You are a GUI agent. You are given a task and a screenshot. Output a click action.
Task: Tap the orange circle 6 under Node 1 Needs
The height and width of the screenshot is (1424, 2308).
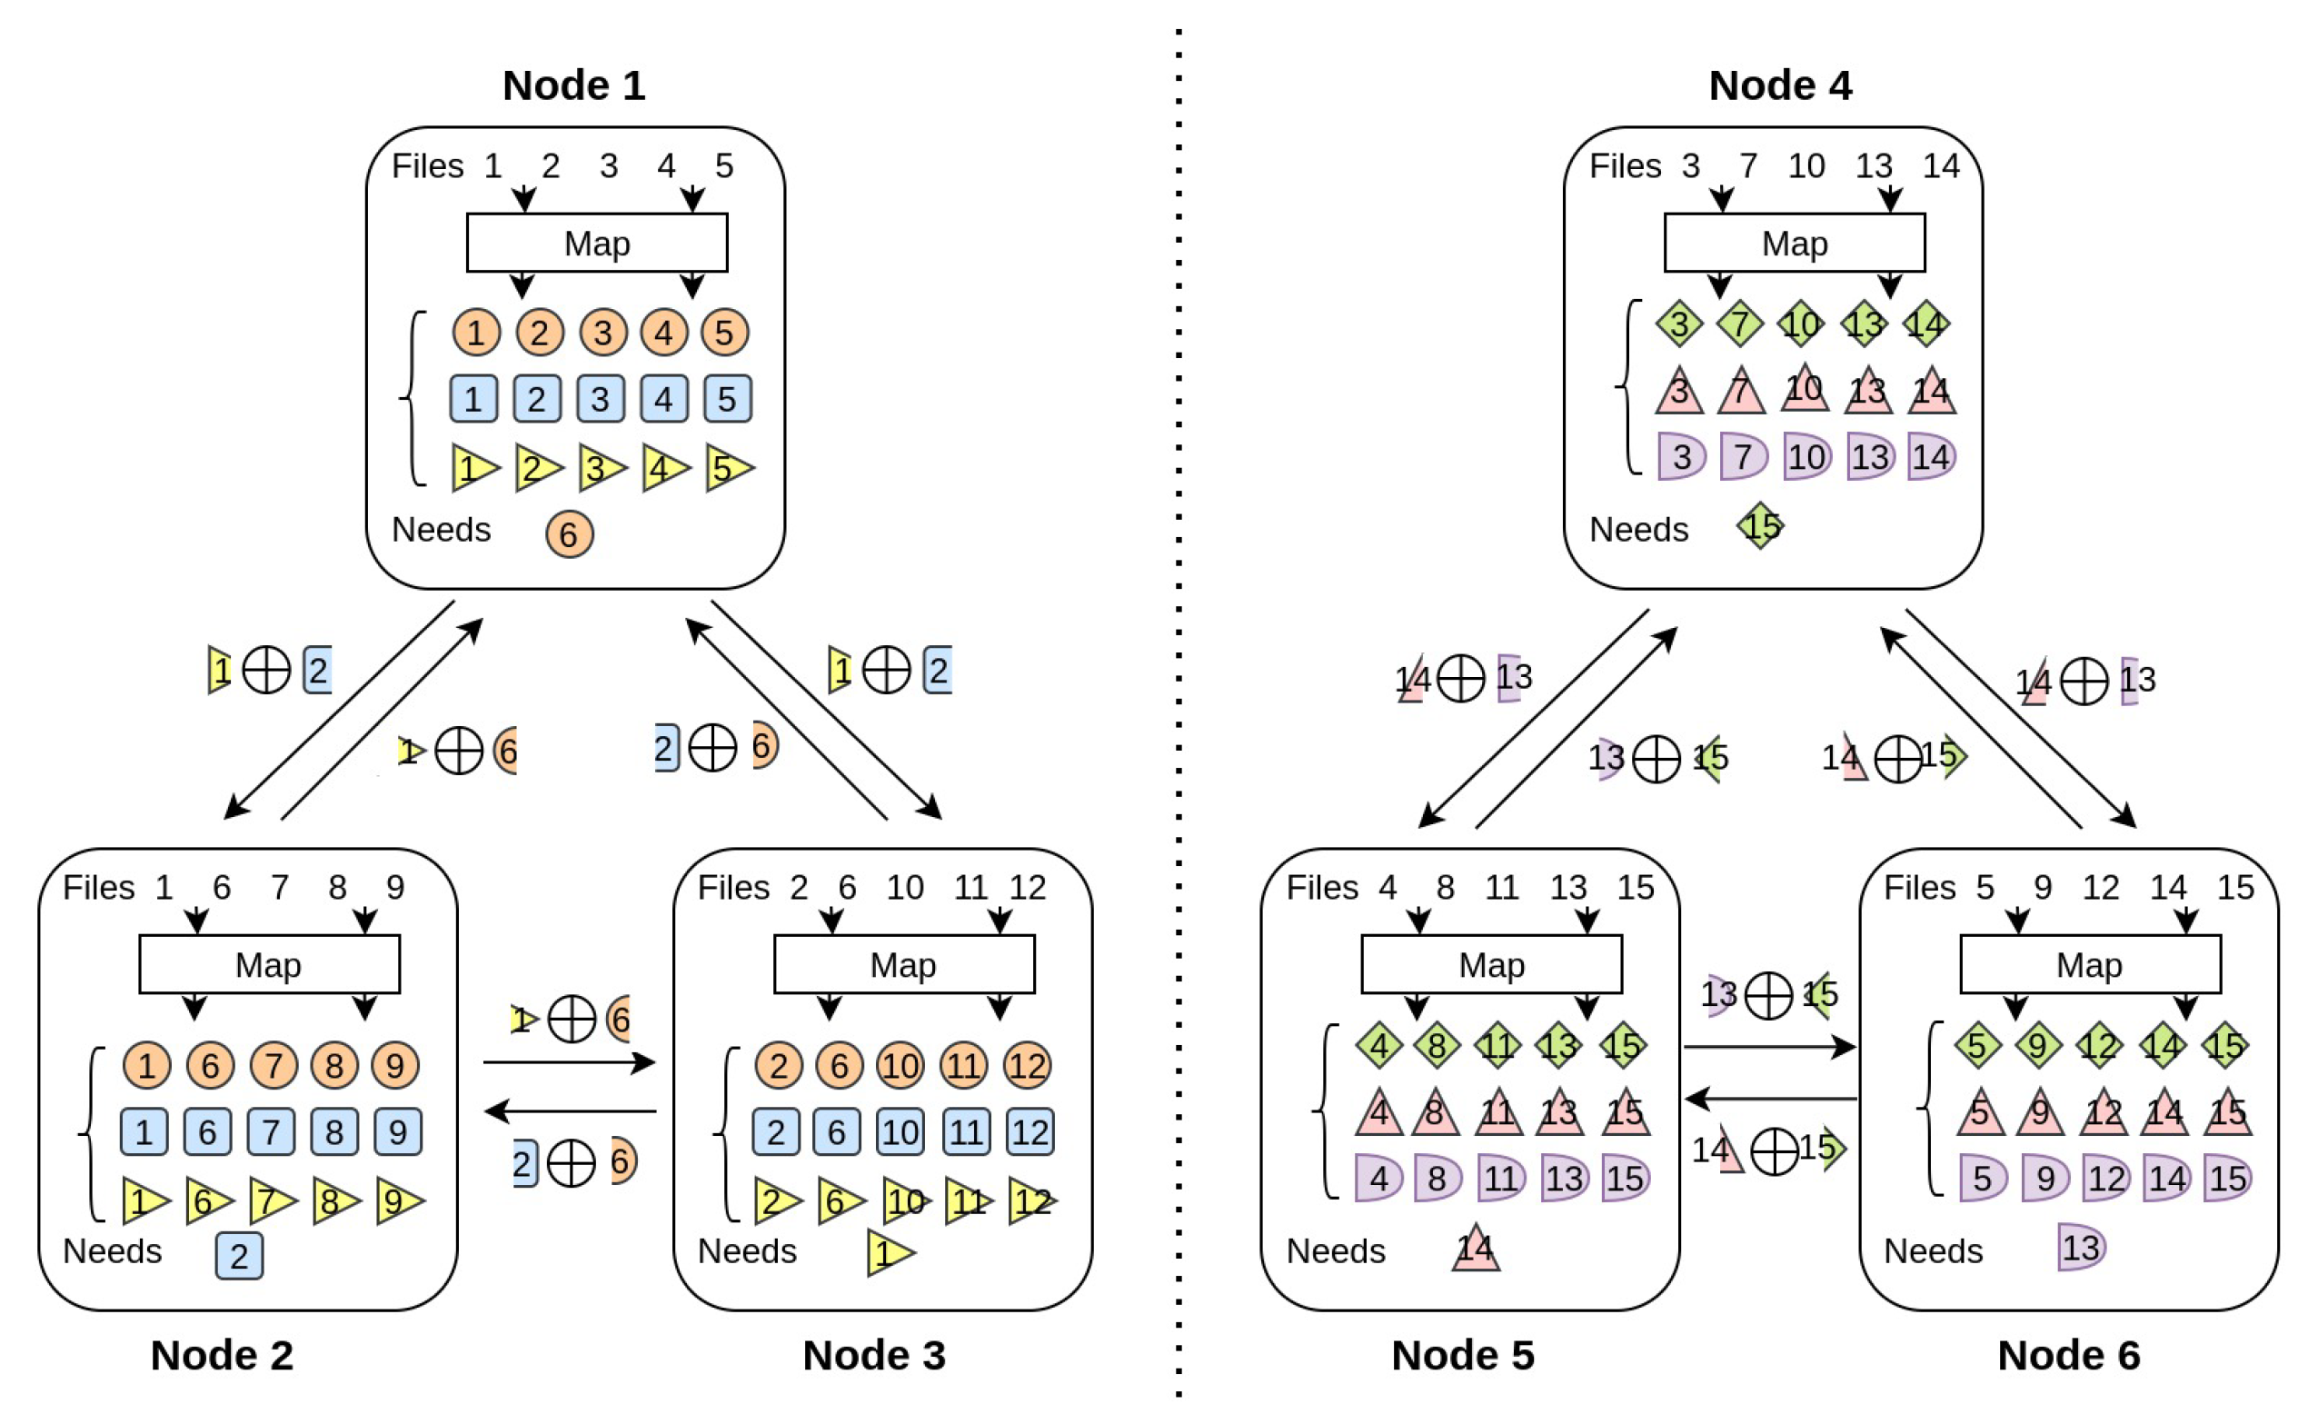pyautogui.click(x=569, y=534)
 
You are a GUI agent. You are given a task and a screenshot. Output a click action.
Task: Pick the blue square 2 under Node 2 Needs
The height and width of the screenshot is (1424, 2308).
pyautogui.click(x=239, y=1255)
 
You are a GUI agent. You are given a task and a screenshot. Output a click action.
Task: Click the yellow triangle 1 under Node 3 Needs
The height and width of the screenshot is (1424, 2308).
pyautogui.click(x=887, y=1252)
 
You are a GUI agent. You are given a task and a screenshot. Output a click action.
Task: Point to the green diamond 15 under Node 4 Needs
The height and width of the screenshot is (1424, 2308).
pyautogui.click(x=1759, y=525)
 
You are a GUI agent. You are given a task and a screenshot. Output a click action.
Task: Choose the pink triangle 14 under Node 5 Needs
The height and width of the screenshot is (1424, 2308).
pyautogui.click(x=1474, y=1249)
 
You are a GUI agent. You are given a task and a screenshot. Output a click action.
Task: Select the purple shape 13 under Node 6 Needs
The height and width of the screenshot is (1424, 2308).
pyautogui.click(x=2079, y=1247)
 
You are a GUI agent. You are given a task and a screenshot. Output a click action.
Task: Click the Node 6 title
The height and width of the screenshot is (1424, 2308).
pyautogui.click(x=2067, y=1354)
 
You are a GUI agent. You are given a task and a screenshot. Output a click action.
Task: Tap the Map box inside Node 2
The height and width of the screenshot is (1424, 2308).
pyautogui.click(x=268, y=964)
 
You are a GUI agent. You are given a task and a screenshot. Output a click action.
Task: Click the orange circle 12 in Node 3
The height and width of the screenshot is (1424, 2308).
pyautogui.click(x=1026, y=1065)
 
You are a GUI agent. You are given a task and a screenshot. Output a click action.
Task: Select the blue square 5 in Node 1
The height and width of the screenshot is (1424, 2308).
pyautogui.click(x=725, y=398)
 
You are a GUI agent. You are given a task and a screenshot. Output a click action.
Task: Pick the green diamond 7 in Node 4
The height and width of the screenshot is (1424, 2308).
pyautogui.click(x=1738, y=324)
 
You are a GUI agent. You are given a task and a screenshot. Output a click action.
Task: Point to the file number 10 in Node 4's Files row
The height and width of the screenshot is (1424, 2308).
pyautogui.click(x=1806, y=165)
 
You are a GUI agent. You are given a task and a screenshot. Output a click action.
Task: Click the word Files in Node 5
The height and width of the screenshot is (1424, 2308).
pyautogui.click(x=1320, y=887)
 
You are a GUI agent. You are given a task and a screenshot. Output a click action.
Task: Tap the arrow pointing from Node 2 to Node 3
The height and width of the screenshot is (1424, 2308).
pyautogui.click(x=569, y=1062)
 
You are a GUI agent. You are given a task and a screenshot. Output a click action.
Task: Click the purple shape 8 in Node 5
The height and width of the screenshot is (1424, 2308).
pyautogui.click(x=1436, y=1177)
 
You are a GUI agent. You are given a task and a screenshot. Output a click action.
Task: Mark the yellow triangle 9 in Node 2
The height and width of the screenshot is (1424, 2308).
pyautogui.click(x=397, y=1200)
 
